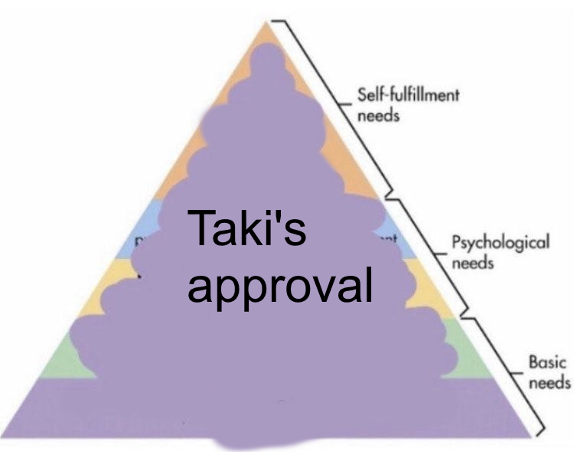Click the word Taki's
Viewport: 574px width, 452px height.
click(x=246, y=229)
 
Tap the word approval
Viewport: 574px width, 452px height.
click(x=281, y=285)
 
